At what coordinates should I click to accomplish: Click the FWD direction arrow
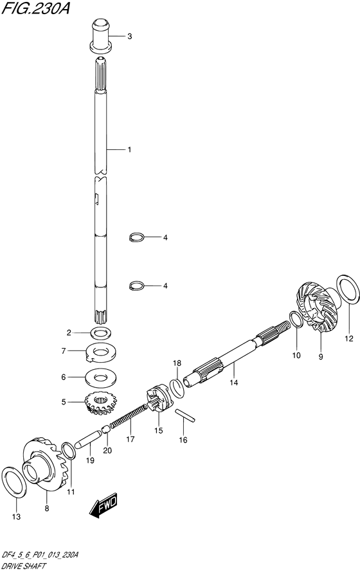[x=104, y=507]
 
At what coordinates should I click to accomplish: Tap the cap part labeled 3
[x=100, y=36]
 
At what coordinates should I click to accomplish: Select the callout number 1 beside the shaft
[x=129, y=149]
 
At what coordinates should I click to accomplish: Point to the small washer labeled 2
[x=100, y=333]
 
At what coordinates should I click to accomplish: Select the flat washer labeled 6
[x=100, y=377]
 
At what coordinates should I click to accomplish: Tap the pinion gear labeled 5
[x=100, y=403]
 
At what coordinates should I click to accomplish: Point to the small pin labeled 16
[x=185, y=415]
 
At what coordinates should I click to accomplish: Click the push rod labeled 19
[x=87, y=439]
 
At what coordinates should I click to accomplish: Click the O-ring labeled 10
[x=296, y=320]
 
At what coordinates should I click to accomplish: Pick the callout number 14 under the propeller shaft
[x=234, y=382]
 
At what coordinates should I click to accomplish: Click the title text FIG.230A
[x=36, y=8]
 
